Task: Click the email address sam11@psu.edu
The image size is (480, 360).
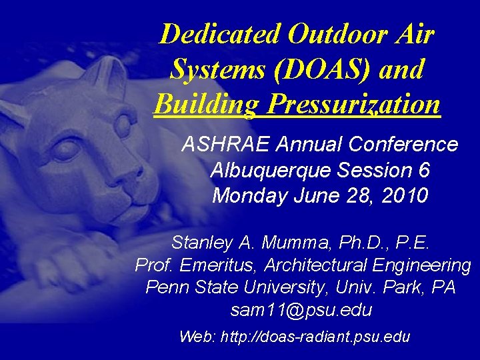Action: [x=301, y=311]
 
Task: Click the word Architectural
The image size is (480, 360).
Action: [x=317, y=265]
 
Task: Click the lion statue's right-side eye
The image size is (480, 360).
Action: [x=124, y=124]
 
